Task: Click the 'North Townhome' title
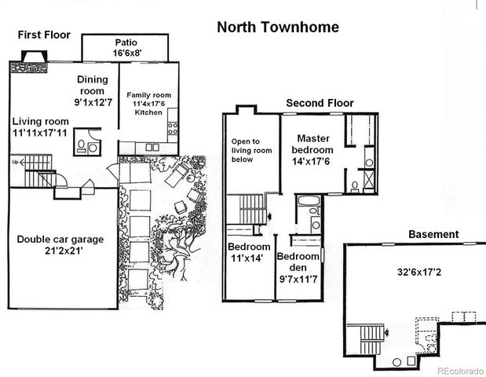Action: coord(278,27)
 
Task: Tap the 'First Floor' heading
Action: coord(44,35)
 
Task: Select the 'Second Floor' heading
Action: coord(320,103)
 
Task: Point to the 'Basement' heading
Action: coord(433,234)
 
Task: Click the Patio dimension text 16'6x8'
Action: coord(126,53)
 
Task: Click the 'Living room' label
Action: coord(40,122)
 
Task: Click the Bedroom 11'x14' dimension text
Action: coord(248,257)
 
